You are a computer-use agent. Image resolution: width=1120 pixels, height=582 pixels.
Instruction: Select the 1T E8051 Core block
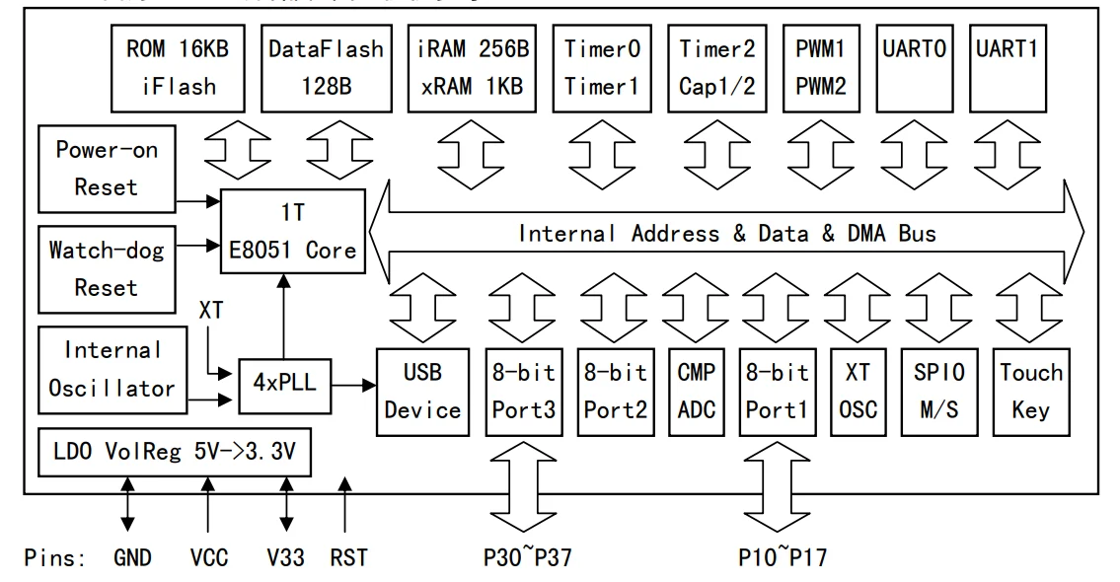point(290,231)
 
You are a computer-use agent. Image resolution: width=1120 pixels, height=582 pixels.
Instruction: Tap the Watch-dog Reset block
point(93,268)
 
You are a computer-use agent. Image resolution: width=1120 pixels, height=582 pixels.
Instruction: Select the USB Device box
point(422,391)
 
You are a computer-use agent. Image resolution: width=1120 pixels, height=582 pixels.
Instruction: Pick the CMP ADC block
point(697,391)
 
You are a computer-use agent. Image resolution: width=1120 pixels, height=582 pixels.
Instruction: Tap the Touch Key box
point(1031,391)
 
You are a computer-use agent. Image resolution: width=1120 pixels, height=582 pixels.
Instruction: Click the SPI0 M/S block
point(938,391)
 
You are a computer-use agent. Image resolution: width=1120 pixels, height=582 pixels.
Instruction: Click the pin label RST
point(349,557)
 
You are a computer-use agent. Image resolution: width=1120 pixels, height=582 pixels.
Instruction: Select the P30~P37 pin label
point(527,557)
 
